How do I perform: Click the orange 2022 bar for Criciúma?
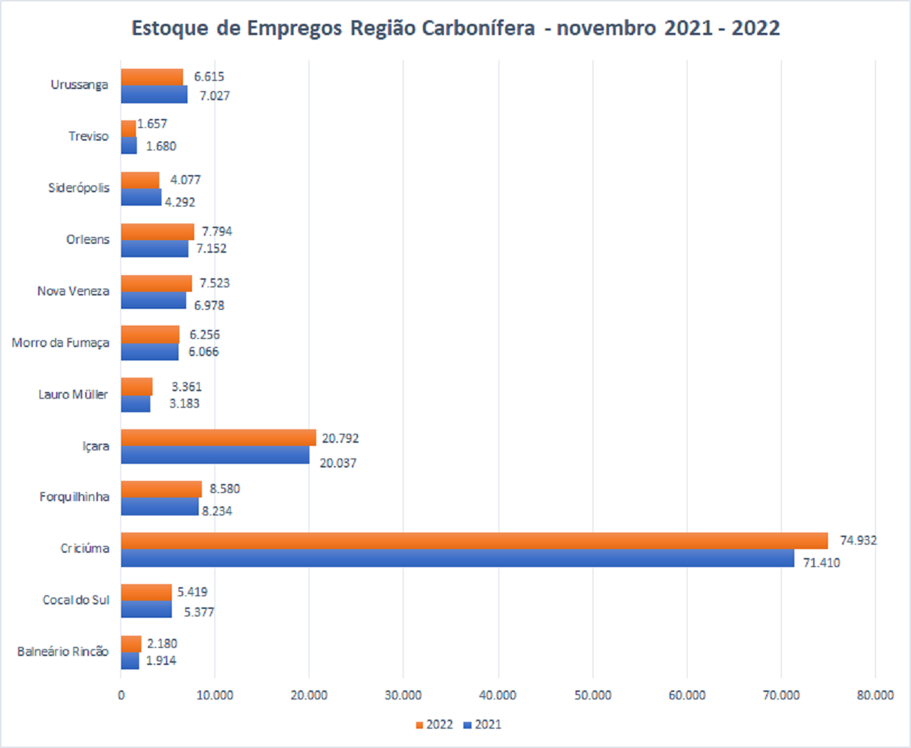pyautogui.click(x=474, y=541)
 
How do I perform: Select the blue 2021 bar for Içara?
pyautogui.click(x=215, y=455)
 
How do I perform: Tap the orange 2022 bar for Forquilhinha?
pyautogui.click(x=161, y=489)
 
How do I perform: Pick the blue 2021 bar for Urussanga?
pyautogui.click(x=154, y=94)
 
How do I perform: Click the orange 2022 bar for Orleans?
pyautogui.click(x=158, y=232)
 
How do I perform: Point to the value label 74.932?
pyautogui.click(x=858, y=540)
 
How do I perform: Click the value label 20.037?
pyautogui.click(x=338, y=463)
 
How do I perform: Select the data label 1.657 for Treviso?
pyautogui.click(x=152, y=124)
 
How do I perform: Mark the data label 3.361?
pyautogui.click(x=186, y=387)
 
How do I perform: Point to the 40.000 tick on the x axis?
pyautogui.click(x=498, y=695)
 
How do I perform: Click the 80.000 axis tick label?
pyautogui.click(x=875, y=695)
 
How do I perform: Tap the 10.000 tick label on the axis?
pyautogui.click(x=215, y=695)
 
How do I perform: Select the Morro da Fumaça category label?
pyautogui.click(x=61, y=343)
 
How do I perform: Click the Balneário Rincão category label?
pyautogui.click(x=63, y=652)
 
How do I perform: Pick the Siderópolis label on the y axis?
pyautogui.click(x=78, y=188)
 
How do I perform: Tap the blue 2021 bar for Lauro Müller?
pyautogui.click(x=136, y=404)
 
